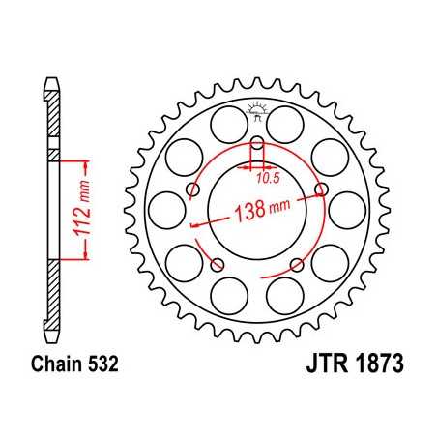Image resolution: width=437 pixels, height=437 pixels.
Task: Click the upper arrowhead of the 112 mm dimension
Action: (88, 158)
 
